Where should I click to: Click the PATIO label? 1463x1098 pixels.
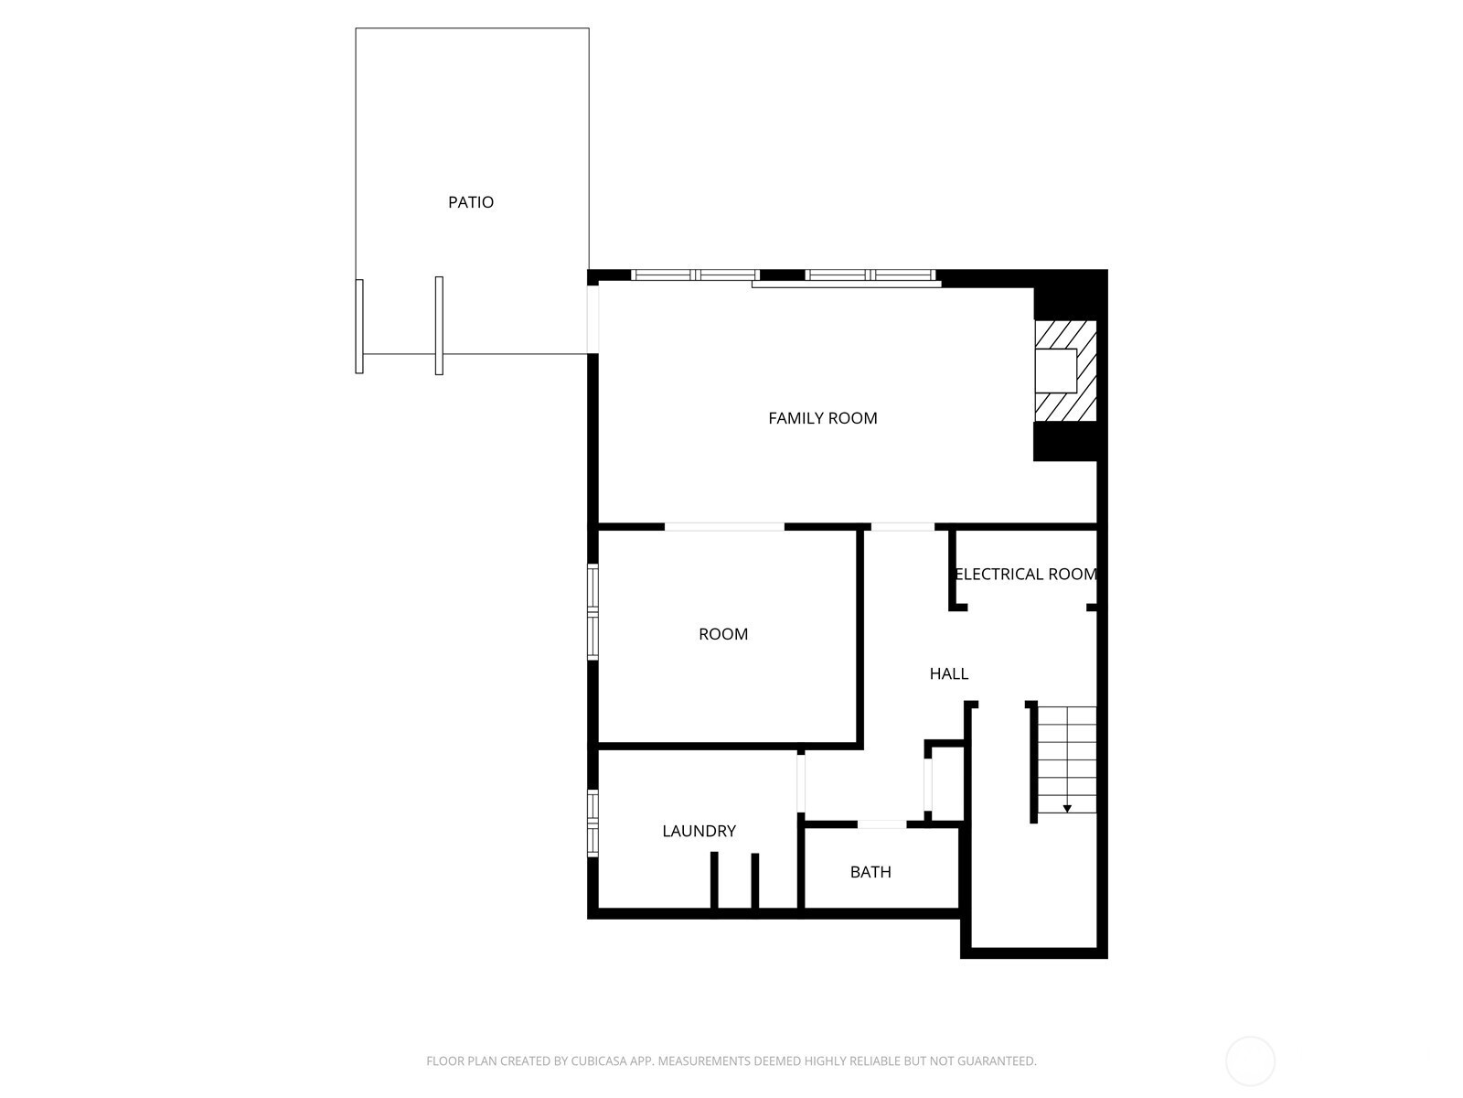pos(471,202)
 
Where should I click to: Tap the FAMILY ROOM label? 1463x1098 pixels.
pos(822,418)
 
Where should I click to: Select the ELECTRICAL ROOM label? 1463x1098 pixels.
pos(1026,574)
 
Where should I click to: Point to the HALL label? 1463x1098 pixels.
pos(948,673)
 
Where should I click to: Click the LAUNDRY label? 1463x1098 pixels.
pos(699,831)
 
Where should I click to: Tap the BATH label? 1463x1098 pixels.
pos(870,872)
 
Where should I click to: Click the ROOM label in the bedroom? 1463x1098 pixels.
pos(723,634)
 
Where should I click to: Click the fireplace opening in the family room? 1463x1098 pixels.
pos(1056,371)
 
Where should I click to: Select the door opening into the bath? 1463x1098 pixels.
pos(881,824)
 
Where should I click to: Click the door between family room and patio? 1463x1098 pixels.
pos(593,318)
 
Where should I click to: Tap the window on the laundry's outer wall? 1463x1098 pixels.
pos(593,823)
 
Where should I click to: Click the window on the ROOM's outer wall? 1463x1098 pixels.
pos(593,612)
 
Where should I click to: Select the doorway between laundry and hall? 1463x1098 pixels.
pos(800,781)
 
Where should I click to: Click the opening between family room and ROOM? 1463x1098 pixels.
pos(724,527)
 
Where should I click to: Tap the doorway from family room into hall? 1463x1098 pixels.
pos(902,527)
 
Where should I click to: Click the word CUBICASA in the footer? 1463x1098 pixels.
pos(598,1060)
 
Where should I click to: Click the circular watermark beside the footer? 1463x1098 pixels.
pos(1250,1061)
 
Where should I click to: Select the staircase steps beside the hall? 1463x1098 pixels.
pos(1067,759)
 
